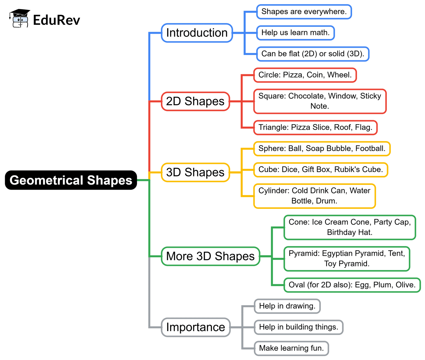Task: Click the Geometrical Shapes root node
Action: pos(71,180)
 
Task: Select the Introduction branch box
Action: pos(197,33)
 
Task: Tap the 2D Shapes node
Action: pos(195,101)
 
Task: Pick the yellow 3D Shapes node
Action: pos(195,172)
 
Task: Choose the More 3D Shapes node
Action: pos(210,256)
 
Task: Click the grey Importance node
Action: pos(195,327)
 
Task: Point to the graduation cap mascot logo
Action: pos(19,19)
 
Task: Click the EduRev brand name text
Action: pos(56,20)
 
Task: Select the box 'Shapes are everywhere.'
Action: pos(304,12)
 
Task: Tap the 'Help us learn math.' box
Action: pos(295,33)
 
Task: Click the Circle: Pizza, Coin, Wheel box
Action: pos(305,75)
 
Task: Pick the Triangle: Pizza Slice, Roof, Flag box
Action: pos(315,127)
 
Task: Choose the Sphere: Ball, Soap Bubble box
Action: pos(322,149)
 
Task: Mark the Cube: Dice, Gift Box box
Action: pos(321,170)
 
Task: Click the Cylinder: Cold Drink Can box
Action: pos(314,196)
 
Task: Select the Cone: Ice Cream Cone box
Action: pos(350,227)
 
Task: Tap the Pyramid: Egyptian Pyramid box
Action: pos(347,259)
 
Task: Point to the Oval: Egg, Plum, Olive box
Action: pos(352,285)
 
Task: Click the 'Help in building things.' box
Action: pos(298,327)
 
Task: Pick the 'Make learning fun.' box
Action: pos(291,348)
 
